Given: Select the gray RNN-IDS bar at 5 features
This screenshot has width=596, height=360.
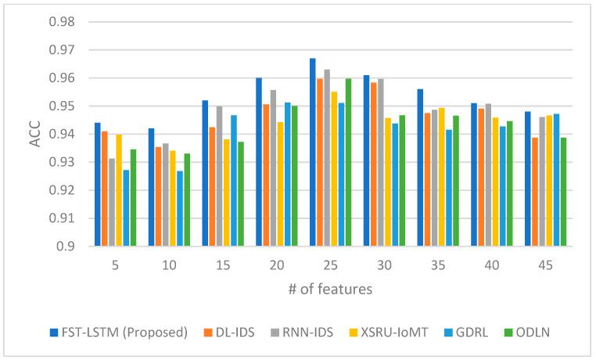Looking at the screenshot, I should (112, 203).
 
